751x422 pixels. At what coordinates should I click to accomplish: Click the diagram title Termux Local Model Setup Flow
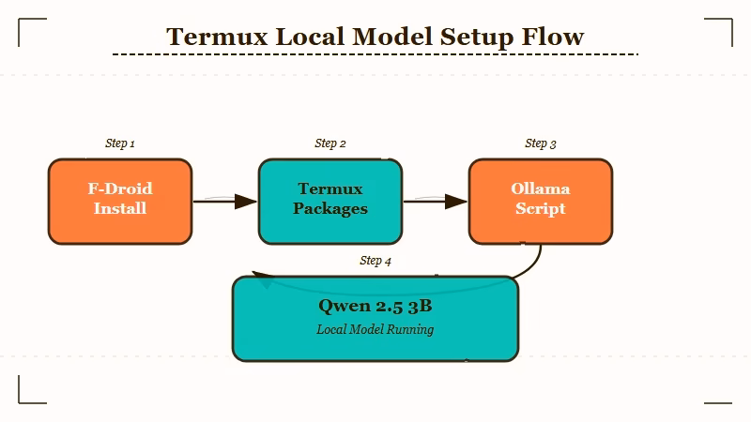click(375, 37)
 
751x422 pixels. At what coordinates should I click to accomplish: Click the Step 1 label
click(120, 143)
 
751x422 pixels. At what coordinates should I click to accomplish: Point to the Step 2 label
click(330, 143)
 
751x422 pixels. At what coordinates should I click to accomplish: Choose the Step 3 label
click(541, 143)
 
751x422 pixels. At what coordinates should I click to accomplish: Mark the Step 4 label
click(375, 261)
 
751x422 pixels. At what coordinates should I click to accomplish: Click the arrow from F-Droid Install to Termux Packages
click(225, 202)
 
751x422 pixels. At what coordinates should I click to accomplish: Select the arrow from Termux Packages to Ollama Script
click(436, 202)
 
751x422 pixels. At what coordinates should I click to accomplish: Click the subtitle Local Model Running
click(375, 330)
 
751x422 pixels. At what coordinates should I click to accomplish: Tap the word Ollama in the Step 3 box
click(541, 188)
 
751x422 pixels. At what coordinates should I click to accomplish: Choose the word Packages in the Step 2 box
click(330, 208)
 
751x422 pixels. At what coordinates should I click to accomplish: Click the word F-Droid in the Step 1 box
click(120, 188)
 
